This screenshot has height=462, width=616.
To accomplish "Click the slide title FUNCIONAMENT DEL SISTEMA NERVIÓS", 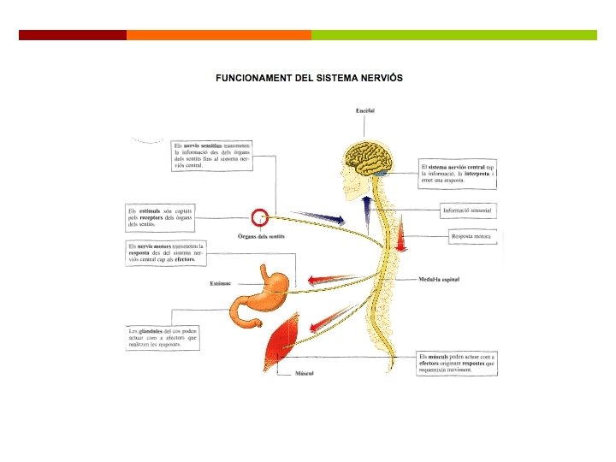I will [x=309, y=78].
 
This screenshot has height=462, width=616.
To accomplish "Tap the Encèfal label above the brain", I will [x=365, y=110].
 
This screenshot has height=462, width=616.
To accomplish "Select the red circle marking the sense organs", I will [x=260, y=217].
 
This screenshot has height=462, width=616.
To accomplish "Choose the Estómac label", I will [x=221, y=284].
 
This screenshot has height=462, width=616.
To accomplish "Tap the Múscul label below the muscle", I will [x=305, y=374].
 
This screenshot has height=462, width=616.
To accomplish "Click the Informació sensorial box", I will [x=468, y=210].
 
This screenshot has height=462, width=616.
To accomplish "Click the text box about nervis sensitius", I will [x=211, y=156].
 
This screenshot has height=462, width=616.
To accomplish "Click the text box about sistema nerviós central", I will [x=458, y=172].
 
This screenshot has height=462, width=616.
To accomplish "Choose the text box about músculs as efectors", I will [x=457, y=363].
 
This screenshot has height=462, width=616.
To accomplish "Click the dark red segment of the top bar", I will [x=73, y=35].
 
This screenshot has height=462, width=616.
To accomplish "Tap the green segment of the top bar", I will [x=453, y=35].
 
